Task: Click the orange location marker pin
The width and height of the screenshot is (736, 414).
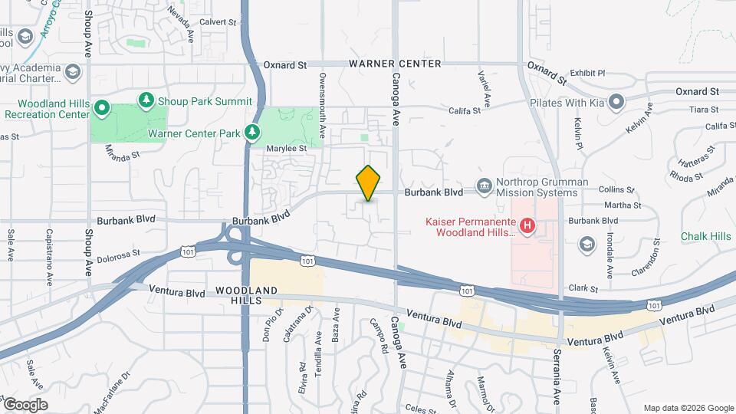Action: (x=369, y=183)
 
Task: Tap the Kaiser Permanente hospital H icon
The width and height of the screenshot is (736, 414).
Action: (x=527, y=225)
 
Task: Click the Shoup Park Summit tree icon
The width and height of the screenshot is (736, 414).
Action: (x=146, y=100)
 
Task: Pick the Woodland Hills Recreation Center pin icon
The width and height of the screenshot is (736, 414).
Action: (x=101, y=109)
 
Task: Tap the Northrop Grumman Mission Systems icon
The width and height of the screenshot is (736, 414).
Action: (x=484, y=186)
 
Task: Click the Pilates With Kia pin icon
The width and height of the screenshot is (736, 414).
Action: (x=616, y=103)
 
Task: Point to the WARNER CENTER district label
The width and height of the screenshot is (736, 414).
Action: (x=395, y=64)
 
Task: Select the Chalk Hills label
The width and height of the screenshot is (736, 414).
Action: (x=705, y=237)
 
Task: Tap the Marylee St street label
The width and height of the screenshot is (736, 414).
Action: (x=286, y=148)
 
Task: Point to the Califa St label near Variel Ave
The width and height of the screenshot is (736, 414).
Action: (x=465, y=110)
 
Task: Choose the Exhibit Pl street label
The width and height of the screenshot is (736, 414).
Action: (x=588, y=74)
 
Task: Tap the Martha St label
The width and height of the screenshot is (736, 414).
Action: (x=622, y=205)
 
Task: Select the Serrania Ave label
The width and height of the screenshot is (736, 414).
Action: (x=557, y=379)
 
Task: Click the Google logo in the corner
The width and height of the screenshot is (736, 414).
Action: (x=25, y=404)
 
